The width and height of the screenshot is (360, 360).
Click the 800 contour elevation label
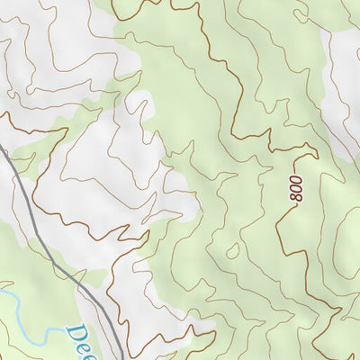tap(297, 185)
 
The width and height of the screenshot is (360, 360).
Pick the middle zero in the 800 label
tap(297, 185)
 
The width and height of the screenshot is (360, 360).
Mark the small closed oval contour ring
tap(232, 251)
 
